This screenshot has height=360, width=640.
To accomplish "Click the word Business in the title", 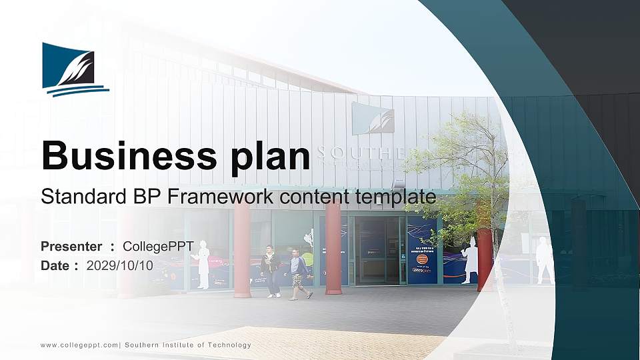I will [124, 156].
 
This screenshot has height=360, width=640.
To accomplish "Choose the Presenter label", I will [71, 247].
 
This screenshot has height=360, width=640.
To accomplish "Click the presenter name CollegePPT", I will [158, 247].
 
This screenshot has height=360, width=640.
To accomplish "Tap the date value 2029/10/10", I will [120, 265].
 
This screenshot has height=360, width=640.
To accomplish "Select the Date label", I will [55, 265].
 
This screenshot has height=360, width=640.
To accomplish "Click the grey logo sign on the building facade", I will [373, 119].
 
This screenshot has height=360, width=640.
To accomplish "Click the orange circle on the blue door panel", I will [421, 259].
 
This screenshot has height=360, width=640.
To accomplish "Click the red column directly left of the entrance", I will [333, 248].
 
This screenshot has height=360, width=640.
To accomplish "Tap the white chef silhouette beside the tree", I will [471, 260].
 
